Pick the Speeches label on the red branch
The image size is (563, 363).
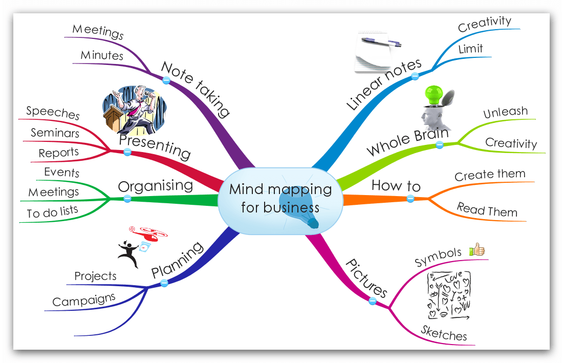point(53,112)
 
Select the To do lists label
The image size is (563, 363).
point(53,212)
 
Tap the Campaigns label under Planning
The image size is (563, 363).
point(84,300)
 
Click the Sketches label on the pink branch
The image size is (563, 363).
point(444,333)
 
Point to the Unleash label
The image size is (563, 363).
point(505,112)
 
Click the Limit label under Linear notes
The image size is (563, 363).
point(470,49)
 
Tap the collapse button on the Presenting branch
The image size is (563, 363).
point(127,152)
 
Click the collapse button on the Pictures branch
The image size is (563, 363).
point(373,301)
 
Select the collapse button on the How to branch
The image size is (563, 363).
point(410,198)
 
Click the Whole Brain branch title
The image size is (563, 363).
point(407,142)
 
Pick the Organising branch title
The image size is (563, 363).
point(155,185)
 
